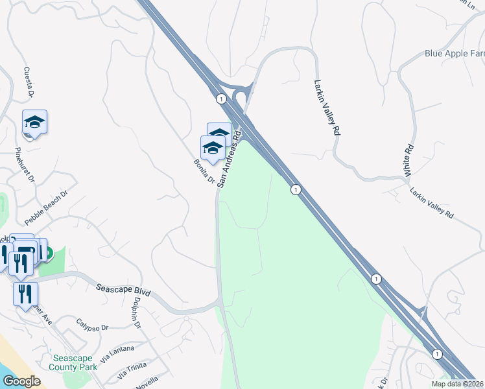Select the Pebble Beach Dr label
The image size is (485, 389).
tap(46, 206)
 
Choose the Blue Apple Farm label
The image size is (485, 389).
tap(455, 53)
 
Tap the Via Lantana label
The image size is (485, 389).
tap(117, 353)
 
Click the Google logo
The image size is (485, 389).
tap(22, 381)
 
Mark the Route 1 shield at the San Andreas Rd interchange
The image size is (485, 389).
tap(221, 99)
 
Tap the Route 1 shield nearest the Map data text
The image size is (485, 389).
tap(437, 353)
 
